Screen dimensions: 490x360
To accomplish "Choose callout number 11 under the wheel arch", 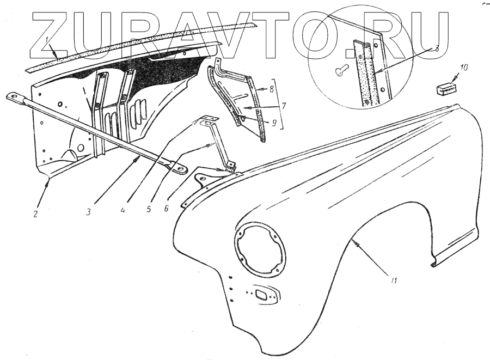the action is pyautogui.click(x=394, y=281).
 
